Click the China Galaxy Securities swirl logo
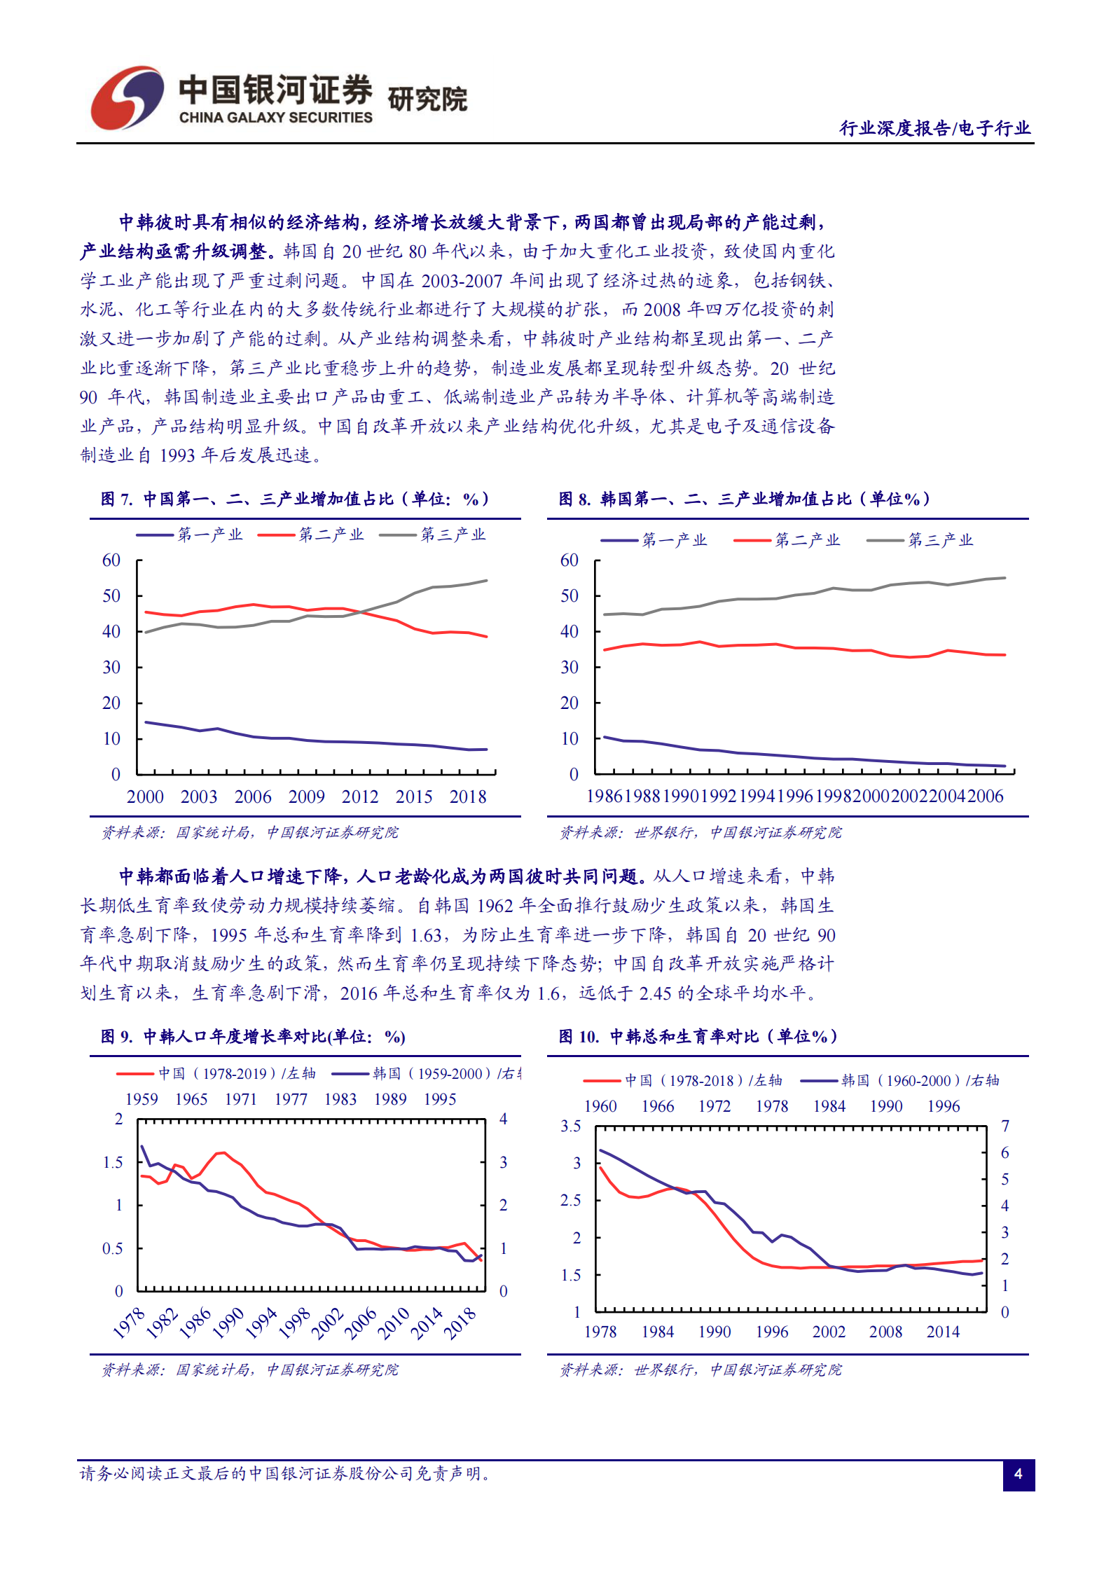click(x=127, y=98)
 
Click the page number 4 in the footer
click(x=1018, y=1474)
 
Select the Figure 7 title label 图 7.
click(x=116, y=499)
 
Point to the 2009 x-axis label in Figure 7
click(x=306, y=797)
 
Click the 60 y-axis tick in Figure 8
click(x=569, y=560)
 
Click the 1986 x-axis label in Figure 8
click(x=604, y=797)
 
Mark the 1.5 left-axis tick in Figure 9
click(x=113, y=1163)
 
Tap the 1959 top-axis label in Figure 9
click(x=142, y=1099)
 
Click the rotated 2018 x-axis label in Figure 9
click(x=460, y=1323)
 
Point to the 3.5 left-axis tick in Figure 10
click(x=570, y=1126)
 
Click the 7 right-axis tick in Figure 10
click(x=1005, y=1126)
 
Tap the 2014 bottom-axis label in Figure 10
click(x=943, y=1332)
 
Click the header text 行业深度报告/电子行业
click(x=934, y=128)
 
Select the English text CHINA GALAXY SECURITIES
click(x=275, y=118)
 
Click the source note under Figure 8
click(x=701, y=832)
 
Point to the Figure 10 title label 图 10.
click(x=579, y=1037)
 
